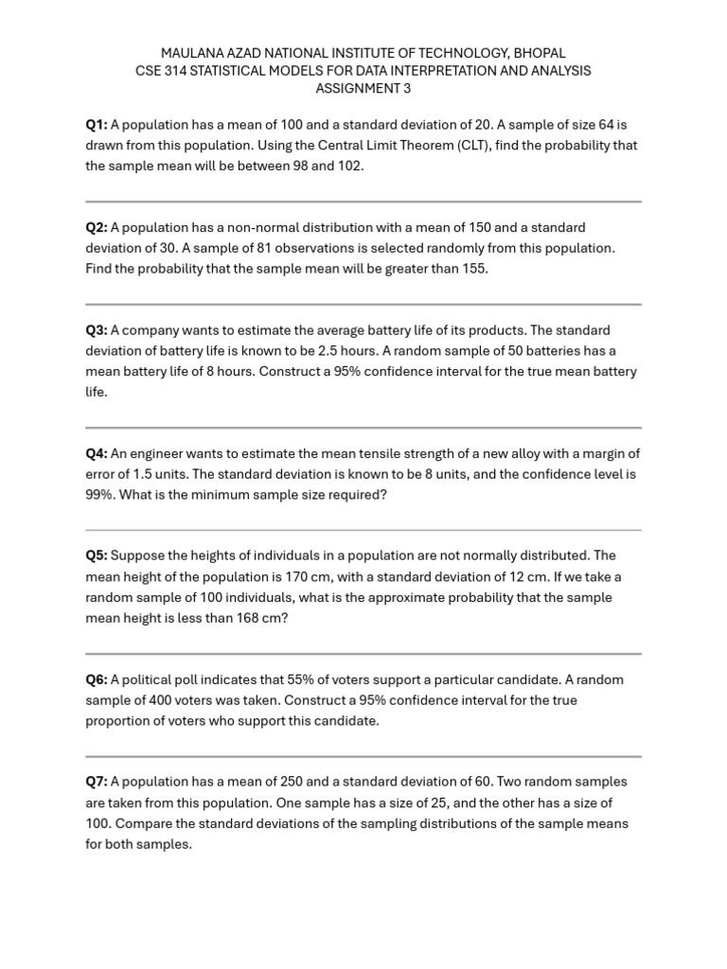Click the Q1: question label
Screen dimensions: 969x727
[x=97, y=124]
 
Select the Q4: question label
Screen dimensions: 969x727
[x=97, y=453]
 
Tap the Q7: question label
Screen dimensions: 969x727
[x=97, y=782]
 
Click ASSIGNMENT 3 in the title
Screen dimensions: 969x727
[x=363, y=89]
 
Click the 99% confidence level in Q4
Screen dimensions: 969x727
[x=99, y=495]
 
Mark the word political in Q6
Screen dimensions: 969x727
[x=151, y=679]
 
